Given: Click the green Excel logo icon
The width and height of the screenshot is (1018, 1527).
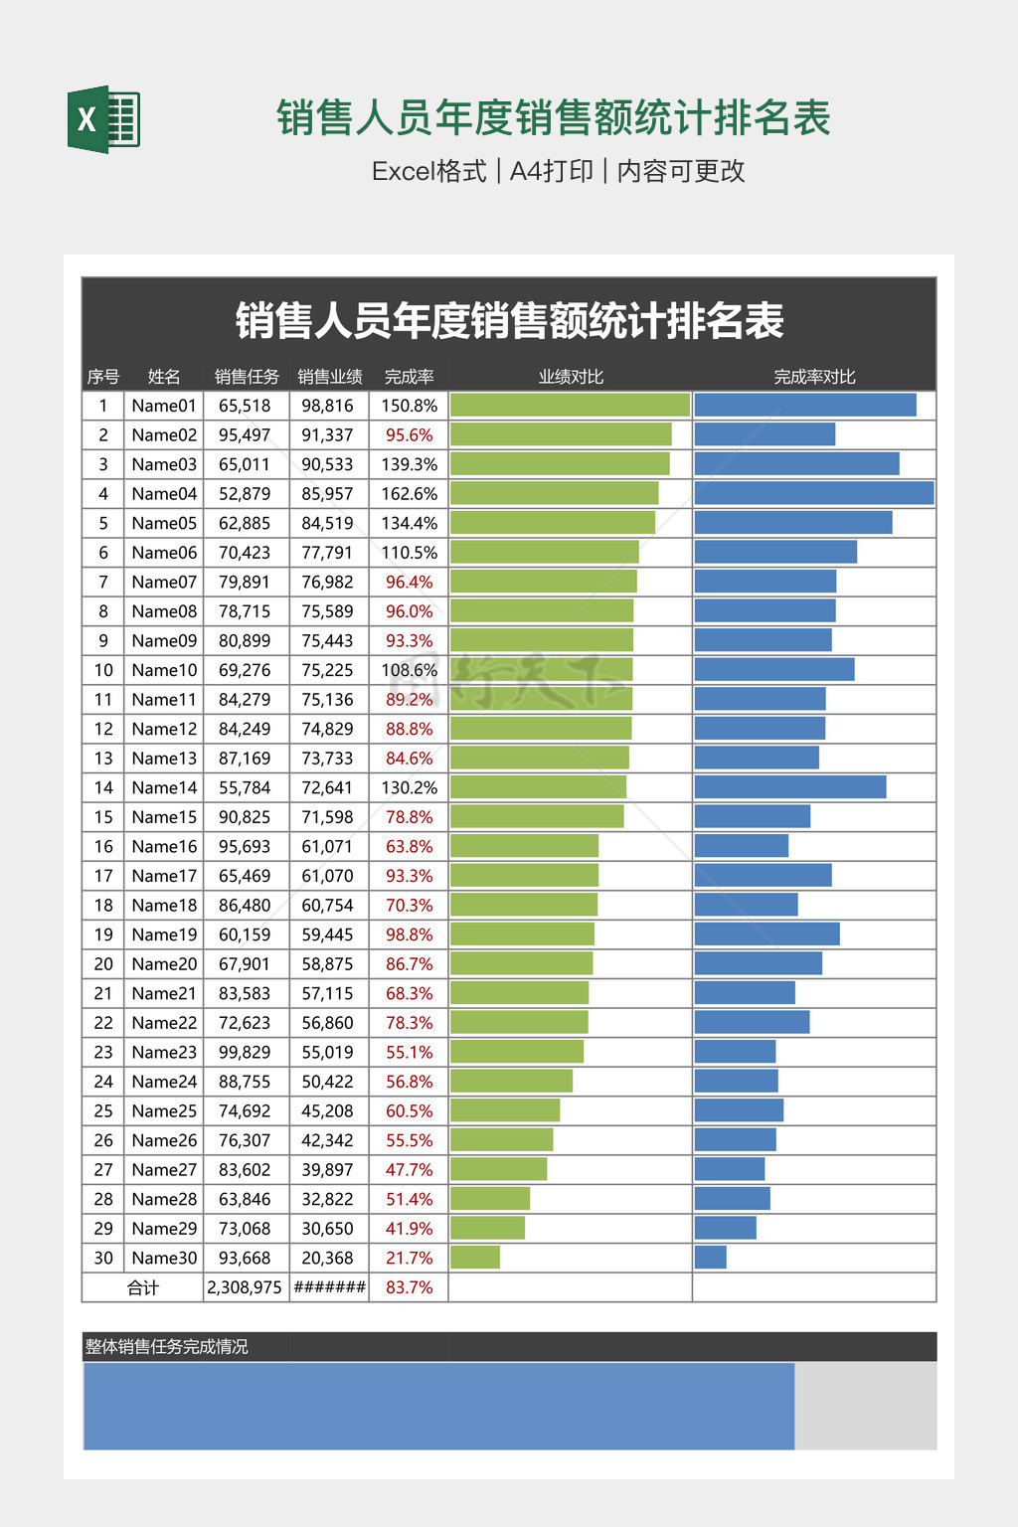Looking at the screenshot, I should (103, 120).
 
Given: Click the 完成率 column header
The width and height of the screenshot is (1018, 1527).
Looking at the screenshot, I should (409, 377).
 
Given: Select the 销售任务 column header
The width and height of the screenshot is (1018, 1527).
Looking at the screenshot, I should (247, 377).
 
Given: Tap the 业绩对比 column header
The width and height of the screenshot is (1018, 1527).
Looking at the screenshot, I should (571, 377).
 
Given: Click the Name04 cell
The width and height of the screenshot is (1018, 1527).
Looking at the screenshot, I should (164, 494).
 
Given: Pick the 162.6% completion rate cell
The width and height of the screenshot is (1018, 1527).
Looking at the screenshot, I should (409, 494).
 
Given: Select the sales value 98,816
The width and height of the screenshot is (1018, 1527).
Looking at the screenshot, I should (327, 406).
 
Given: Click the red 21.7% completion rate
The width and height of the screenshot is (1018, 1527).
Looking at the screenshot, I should (409, 1259).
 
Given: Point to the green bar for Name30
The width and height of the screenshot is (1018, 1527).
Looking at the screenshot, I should (475, 1258).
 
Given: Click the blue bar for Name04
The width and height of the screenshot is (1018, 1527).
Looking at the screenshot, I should (813, 493).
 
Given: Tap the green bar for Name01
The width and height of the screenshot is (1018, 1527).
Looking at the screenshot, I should (570, 405).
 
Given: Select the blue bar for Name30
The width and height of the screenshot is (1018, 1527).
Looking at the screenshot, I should (710, 1258).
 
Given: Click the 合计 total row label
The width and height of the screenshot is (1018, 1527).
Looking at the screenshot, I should (143, 1287).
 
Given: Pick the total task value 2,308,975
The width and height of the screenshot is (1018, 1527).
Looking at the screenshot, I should (245, 1287).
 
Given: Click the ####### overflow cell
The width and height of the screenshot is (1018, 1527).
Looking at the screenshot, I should (329, 1287).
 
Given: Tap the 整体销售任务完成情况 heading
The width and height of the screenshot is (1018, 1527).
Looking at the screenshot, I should (166, 1347).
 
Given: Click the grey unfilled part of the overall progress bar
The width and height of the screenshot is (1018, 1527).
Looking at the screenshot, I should (865, 1406).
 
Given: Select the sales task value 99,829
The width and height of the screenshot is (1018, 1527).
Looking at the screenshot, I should (245, 1052).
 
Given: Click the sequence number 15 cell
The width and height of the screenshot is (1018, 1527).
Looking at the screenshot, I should (103, 817).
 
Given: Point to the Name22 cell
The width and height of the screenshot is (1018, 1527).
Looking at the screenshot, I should (164, 1023).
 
